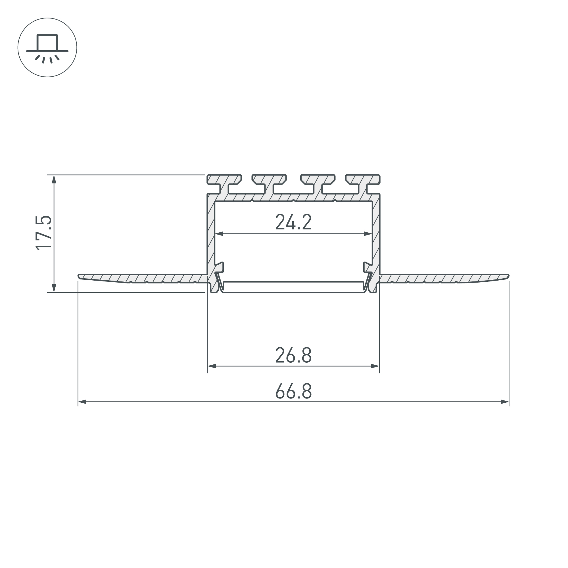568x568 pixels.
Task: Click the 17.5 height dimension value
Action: pyautogui.click(x=43, y=233)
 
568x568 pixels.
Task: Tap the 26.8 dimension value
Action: pyautogui.click(x=293, y=355)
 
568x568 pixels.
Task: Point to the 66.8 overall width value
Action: pyautogui.click(x=293, y=391)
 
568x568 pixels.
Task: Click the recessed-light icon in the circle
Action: pyautogui.click(x=47, y=49)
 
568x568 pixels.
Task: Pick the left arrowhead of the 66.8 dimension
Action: pyautogui.click(x=82, y=402)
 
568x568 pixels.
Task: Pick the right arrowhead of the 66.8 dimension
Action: pyautogui.click(x=504, y=402)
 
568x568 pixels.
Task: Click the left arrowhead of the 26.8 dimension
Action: pyautogui.click(x=212, y=366)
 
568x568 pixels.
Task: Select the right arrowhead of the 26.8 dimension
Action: pyautogui.click(x=375, y=366)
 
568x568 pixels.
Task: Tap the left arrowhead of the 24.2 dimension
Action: pyautogui.click(x=219, y=234)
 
